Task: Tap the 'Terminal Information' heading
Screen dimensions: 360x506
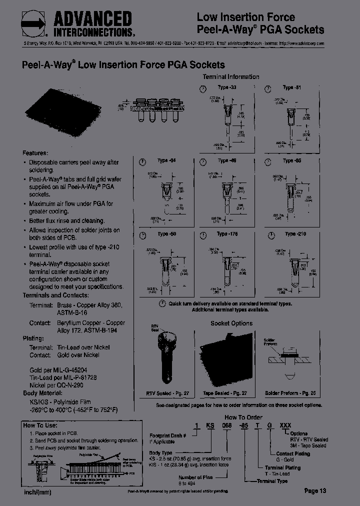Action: [230, 77]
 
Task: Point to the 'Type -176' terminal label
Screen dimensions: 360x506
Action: [227, 234]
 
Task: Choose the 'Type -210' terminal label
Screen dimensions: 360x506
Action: [295, 234]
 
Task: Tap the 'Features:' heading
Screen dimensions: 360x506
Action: [35, 153]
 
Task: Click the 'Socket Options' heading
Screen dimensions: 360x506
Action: [231, 323]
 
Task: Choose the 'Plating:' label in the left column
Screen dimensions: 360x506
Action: [34, 338]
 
